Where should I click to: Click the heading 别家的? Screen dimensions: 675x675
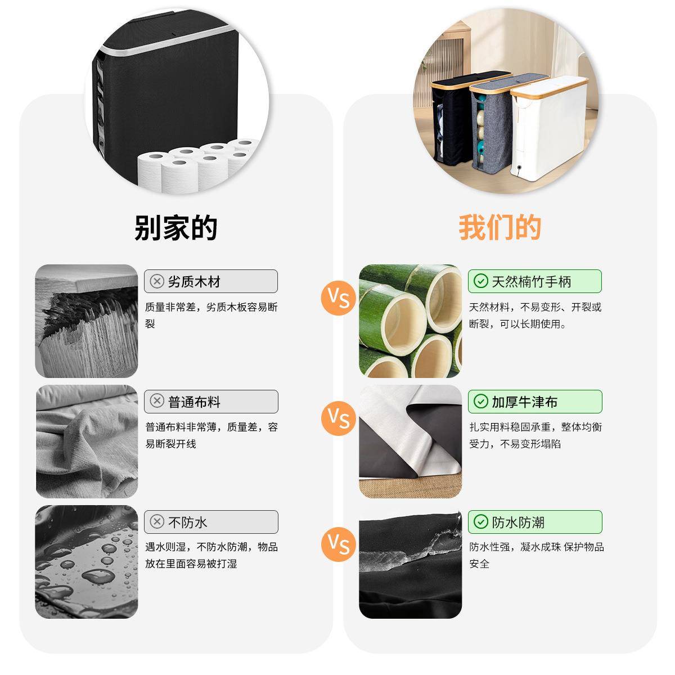175,228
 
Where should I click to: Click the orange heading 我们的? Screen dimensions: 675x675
499,228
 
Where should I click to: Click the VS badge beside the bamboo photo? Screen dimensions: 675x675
339,298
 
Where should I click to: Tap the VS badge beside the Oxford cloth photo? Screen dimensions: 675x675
339,418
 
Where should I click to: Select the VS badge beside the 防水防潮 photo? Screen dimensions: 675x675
339,543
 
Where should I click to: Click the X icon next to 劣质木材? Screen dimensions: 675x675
157,281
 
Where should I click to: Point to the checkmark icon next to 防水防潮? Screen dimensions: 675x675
481,522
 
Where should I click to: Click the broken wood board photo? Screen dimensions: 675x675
87,321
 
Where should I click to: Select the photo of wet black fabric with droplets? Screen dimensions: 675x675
87,561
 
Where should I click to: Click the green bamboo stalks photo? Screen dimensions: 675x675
411,321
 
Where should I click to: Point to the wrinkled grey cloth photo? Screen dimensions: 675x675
87,442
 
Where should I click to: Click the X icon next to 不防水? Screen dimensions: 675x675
157,522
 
